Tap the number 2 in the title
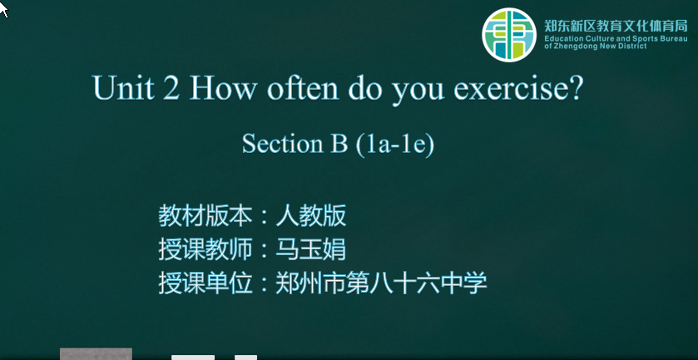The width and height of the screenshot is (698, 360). (172, 87)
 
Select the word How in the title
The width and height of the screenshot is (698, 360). (224, 87)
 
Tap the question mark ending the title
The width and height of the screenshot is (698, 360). (574, 86)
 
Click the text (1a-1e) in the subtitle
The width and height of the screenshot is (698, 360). (395, 144)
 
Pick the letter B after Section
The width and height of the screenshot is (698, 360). (339, 143)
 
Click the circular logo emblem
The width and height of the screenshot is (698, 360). (509, 34)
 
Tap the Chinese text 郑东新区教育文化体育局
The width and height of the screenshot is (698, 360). (616, 26)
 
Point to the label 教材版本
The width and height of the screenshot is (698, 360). (205, 216)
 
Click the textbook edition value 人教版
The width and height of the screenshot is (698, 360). (310, 216)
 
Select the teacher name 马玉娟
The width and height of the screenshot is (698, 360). (310, 249)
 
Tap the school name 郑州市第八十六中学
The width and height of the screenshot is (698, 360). (381, 283)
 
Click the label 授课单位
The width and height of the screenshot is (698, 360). (205, 283)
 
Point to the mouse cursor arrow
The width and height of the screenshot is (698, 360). (4, 9)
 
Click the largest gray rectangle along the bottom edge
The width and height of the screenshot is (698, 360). (97, 354)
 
